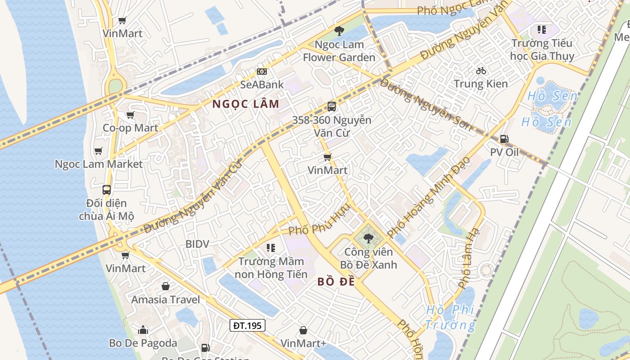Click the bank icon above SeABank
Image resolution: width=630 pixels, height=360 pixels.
[262, 72]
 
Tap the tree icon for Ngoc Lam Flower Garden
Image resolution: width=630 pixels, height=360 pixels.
[339, 31]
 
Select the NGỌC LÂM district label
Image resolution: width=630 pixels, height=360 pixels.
[246, 104]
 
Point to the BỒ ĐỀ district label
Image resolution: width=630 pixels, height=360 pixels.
[336, 282]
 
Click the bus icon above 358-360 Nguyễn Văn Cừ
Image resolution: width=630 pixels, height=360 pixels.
[332, 107]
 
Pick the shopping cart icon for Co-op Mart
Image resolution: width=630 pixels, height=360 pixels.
[130, 115]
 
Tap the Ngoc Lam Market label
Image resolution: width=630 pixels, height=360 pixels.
[99, 164]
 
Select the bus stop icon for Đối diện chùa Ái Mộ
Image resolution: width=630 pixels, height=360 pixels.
[107, 190]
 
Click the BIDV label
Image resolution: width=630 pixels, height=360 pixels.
[198, 244]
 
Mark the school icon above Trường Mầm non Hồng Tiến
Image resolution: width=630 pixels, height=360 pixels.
[270, 247]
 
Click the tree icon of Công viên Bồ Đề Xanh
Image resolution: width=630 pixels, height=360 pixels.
[368, 238]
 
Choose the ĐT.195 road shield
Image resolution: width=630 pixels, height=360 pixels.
[247, 325]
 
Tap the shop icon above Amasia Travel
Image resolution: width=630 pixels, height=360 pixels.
[166, 286]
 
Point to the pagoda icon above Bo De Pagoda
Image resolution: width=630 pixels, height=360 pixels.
[143, 330]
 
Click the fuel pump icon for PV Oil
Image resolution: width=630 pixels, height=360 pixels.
[504, 139]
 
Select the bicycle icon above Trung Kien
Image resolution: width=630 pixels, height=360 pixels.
[481, 71]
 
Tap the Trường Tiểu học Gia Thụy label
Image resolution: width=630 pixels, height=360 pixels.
[542, 49]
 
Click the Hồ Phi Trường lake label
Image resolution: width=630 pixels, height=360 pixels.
[450, 317]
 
